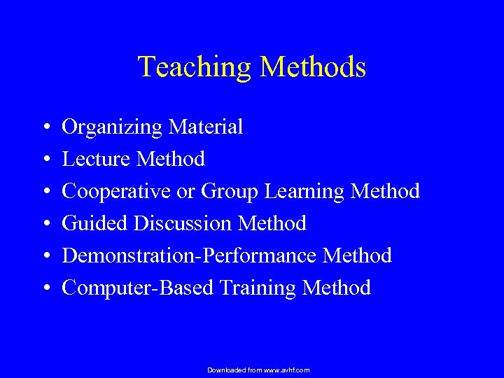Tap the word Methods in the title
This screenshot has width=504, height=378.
tap(313, 67)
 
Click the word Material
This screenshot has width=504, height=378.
tap(204, 127)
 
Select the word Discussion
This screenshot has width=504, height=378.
tap(183, 223)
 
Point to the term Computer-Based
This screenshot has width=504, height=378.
tap(137, 288)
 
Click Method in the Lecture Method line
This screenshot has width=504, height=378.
tap(171, 159)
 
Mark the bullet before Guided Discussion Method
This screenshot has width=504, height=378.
tap(44, 224)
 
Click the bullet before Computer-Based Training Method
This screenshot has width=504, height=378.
tap(44, 288)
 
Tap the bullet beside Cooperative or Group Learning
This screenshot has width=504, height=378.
tap(44, 192)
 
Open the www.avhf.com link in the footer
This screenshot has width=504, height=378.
tap(286, 370)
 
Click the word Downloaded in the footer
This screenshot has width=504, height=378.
tap(226, 370)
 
